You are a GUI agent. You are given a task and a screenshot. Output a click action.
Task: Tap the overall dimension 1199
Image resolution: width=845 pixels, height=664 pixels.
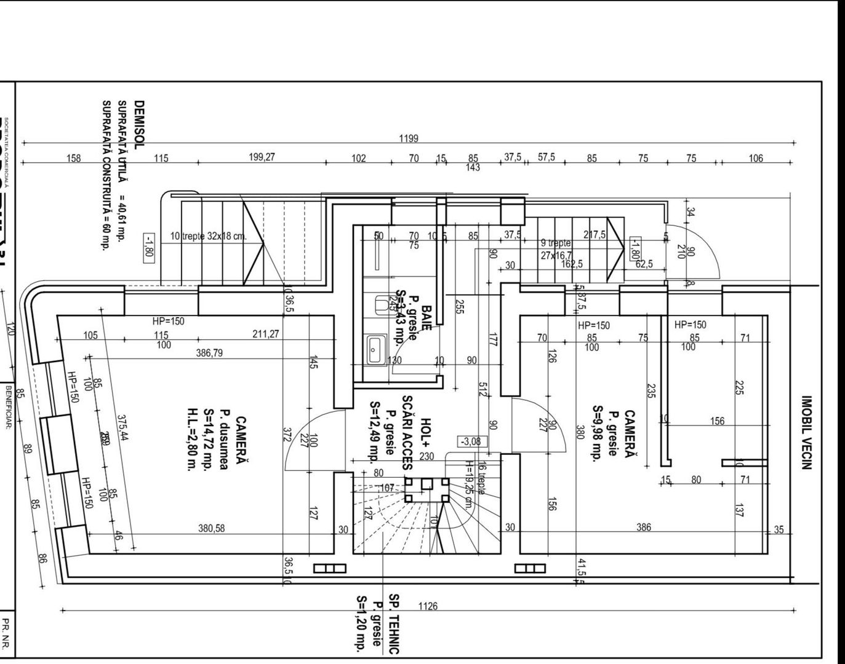409,138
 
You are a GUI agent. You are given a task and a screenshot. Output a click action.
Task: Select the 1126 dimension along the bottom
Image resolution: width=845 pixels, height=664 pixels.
428,606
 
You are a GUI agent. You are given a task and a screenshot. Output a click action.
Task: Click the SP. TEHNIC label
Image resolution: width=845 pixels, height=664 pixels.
394,623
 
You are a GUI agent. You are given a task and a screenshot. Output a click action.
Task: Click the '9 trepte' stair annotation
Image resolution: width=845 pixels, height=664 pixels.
556,243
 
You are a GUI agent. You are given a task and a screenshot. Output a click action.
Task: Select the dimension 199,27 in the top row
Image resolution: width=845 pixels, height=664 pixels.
262,157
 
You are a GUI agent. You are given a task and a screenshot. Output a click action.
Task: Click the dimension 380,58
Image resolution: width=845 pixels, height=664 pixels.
211,528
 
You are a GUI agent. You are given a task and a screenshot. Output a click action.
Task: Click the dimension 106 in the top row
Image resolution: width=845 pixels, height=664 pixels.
755,158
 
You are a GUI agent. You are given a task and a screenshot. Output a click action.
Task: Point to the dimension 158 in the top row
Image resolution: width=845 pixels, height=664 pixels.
74,158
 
